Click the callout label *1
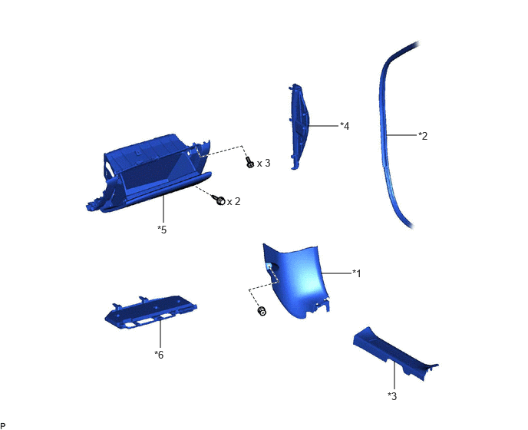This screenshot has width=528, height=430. tap(357, 273)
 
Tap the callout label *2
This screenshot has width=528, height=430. tap(423, 136)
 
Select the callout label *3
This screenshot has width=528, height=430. tap(392, 396)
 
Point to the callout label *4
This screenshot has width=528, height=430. tap(345, 126)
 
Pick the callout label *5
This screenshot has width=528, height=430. tap(162, 230)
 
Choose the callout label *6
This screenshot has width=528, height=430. tap(159, 355)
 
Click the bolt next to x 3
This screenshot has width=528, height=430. tap(249, 163)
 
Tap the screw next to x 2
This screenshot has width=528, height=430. tap(219, 200)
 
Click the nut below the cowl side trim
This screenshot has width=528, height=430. tap(262, 311)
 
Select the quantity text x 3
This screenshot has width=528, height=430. tap(264, 164)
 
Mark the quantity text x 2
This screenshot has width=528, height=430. tap(234, 201)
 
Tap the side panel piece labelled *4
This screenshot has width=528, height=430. tap(299, 127)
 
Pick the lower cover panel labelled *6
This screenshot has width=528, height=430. tap(150, 313)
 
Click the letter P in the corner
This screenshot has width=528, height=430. tap(3, 426)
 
